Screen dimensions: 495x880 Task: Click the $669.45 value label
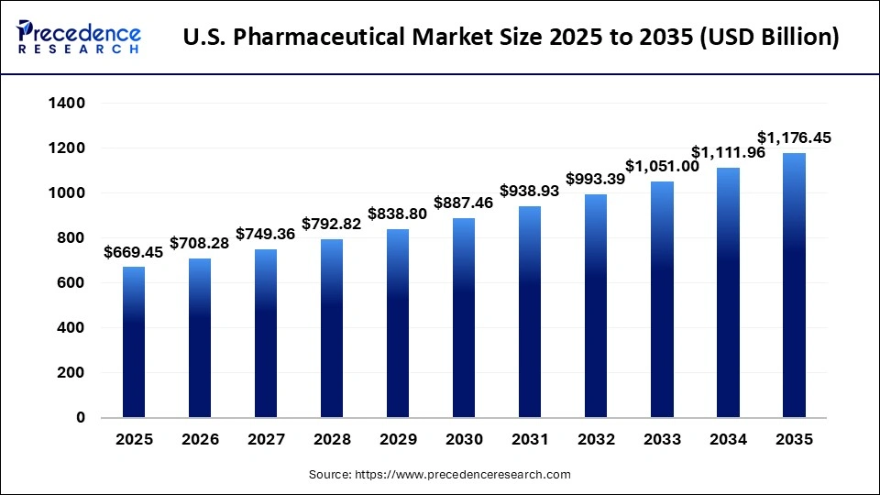134,252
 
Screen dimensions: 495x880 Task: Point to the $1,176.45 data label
794,138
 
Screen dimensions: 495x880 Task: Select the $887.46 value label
464,203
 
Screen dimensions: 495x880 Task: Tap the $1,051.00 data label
663,166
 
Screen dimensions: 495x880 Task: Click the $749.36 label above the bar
266,234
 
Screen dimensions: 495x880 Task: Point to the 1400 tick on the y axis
66,104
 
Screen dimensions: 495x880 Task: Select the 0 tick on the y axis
81,418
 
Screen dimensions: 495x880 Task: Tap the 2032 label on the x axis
596,440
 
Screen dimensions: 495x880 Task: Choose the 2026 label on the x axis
200,440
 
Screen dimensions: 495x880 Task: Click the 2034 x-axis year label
728,440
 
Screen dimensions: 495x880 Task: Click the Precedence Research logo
79,38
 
